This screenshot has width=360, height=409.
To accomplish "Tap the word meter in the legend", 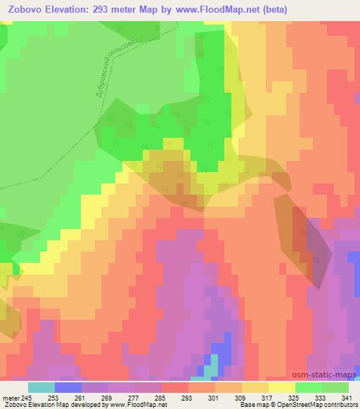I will (12, 397).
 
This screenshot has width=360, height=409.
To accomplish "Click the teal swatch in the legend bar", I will (41, 387).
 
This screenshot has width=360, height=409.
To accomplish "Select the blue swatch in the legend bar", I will (68, 387).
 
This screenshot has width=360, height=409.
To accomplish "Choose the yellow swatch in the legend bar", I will (281, 387).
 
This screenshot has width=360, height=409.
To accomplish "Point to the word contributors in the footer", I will (340, 405).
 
